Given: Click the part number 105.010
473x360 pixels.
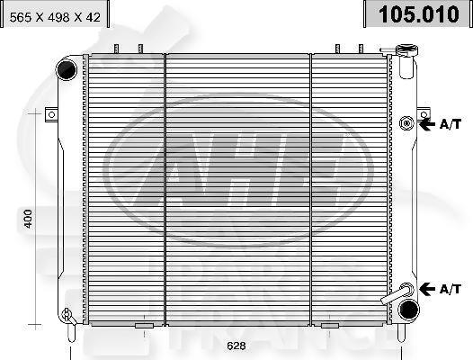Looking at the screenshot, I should click(x=416, y=14).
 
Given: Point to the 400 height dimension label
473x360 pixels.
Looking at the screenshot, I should click(x=28, y=218).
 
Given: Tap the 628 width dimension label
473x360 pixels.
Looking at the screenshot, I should click(x=236, y=346).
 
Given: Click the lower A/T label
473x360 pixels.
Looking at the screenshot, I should click(x=450, y=288).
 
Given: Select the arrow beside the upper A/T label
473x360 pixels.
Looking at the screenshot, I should click(x=427, y=123).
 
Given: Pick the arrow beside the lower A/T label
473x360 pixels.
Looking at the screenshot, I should click(x=427, y=288).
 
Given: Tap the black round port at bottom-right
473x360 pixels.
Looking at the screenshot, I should click(x=408, y=309).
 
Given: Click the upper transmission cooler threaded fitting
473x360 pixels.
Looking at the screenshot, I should click(x=407, y=122).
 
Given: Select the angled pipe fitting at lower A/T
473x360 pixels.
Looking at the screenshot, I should click(x=396, y=294).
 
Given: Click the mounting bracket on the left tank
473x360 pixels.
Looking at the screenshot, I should click(x=51, y=114).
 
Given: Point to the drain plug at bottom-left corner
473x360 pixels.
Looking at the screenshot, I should click(x=66, y=315).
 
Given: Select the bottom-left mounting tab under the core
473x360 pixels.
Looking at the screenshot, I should click(x=144, y=325).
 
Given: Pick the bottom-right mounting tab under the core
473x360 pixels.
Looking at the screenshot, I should click(x=330, y=325).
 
